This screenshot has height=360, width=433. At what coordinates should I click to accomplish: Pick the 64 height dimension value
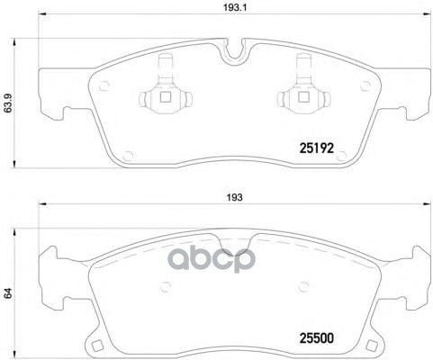click(x=9, y=292)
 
